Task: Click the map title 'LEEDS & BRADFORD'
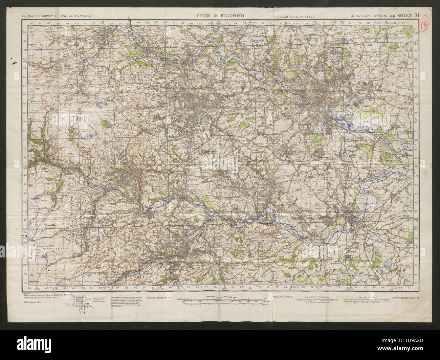pyautogui.click(x=220, y=16)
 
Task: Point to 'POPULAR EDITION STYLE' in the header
pyautogui.click(x=294, y=16)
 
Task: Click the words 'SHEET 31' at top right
pyautogui.click(x=410, y=16)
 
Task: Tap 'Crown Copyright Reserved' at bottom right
pyautogui.click(x=405, y=298)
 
